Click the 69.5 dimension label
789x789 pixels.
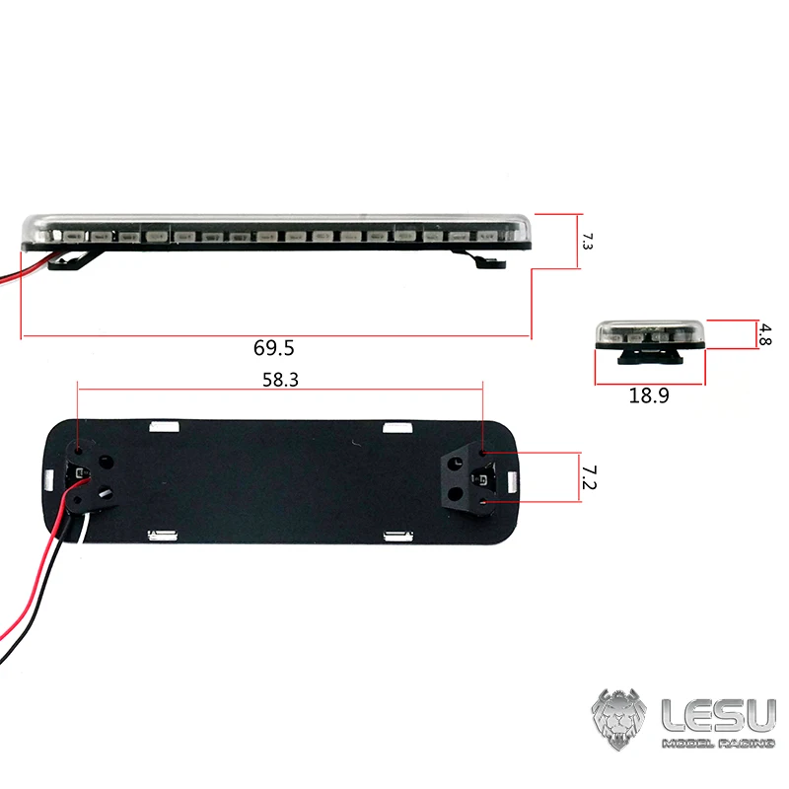274,348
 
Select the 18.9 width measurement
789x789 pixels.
649,395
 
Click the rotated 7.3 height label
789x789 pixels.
587,241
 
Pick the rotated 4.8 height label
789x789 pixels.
765,334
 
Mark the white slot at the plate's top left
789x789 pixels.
162,427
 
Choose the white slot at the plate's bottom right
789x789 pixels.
397,536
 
